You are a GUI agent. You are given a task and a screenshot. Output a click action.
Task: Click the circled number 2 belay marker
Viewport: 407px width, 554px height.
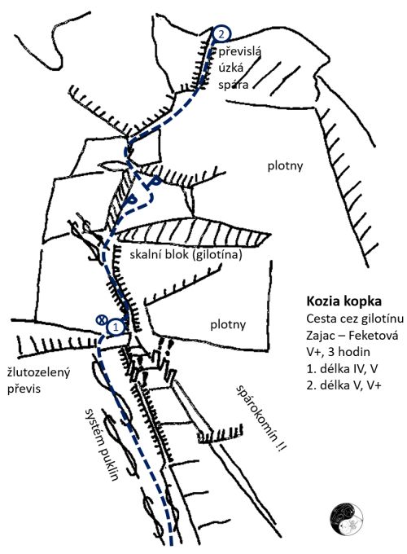pos(221,34)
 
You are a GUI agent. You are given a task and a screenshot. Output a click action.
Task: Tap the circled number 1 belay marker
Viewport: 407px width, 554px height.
pos(116,327)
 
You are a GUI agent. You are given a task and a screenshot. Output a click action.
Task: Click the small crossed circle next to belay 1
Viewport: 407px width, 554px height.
pos(102,319)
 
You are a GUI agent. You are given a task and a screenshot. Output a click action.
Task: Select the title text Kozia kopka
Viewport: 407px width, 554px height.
pos(344,301)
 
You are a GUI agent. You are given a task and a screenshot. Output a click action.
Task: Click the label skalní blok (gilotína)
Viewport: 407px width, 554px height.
pos(186,255)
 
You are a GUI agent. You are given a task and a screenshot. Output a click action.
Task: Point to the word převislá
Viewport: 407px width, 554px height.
pos(239,52)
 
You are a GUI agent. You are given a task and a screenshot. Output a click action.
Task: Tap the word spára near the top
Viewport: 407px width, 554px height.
pos(233,85)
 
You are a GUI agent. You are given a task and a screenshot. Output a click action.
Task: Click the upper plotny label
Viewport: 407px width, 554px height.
pos(285,166)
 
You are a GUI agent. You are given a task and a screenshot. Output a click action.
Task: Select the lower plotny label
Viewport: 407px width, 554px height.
pos(228,325)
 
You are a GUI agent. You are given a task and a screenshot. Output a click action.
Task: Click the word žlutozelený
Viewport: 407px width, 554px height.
pos(39,372)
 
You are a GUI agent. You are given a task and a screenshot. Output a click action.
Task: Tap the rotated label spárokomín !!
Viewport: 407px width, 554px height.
pos(261,418)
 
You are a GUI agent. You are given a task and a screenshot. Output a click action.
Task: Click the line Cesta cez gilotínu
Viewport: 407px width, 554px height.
pos(355,319)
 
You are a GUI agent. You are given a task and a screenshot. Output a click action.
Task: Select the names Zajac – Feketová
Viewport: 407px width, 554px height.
pos(352,335)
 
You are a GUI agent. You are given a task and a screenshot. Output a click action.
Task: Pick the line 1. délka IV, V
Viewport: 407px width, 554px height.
pos(342,368)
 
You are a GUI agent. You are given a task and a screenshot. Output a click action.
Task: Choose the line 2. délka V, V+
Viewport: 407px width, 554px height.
pos(344,385)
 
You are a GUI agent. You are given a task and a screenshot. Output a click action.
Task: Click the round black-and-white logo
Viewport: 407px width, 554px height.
pos(347,518)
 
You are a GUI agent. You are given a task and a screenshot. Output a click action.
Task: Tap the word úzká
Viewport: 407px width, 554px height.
pos(231,68)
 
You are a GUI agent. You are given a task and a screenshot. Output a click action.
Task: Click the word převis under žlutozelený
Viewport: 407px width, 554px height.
pos(24,389)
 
